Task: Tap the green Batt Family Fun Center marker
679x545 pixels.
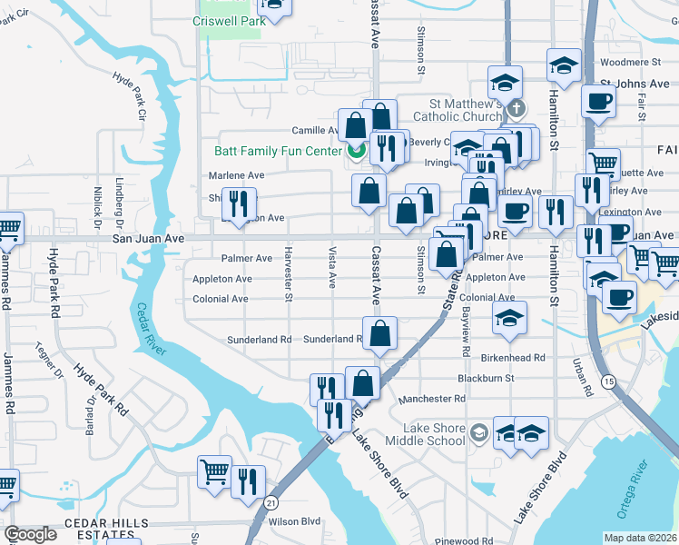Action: point(355,151)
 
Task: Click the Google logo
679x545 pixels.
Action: point(31,534)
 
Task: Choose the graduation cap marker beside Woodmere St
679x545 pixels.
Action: point(563,65)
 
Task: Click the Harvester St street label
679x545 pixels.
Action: point(289,272)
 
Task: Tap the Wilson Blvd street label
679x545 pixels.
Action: point(295,521)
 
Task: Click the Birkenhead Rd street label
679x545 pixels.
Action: point(514,358)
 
